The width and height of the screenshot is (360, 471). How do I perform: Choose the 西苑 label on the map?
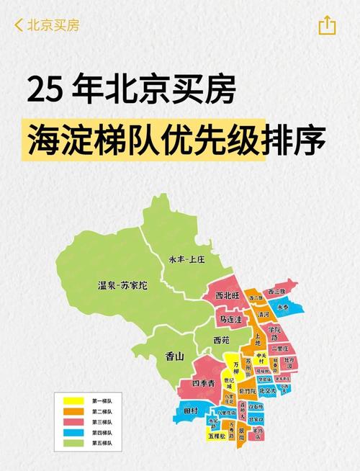pyautogui.click(x=222, y=339)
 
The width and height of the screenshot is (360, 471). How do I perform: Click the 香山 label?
pyautogui.click(x=175, y=356)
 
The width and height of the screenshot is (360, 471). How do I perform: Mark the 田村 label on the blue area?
pyautogui.click(x=190, y=411)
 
